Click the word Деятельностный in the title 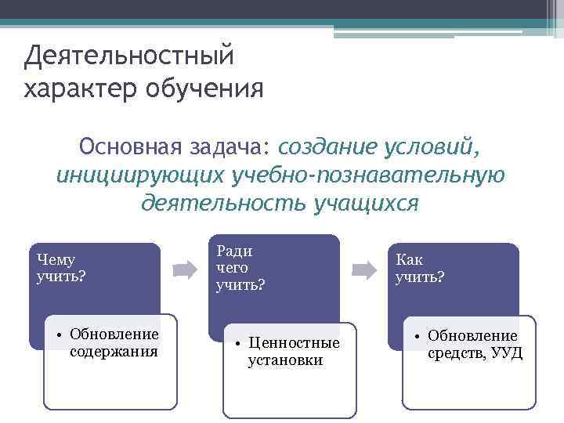click(x=129, y=56)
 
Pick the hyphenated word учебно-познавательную click(x=367, y=175)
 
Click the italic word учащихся click(x=366, y=203)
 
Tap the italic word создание click(x=327, y=146)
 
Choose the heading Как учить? click(x=420, y=269)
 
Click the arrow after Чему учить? click(x=185, y=271)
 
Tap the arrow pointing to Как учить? click(x=364, y=271)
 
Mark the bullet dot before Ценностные click(x=238, y=343)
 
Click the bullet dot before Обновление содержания click(x=60, y=335)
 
